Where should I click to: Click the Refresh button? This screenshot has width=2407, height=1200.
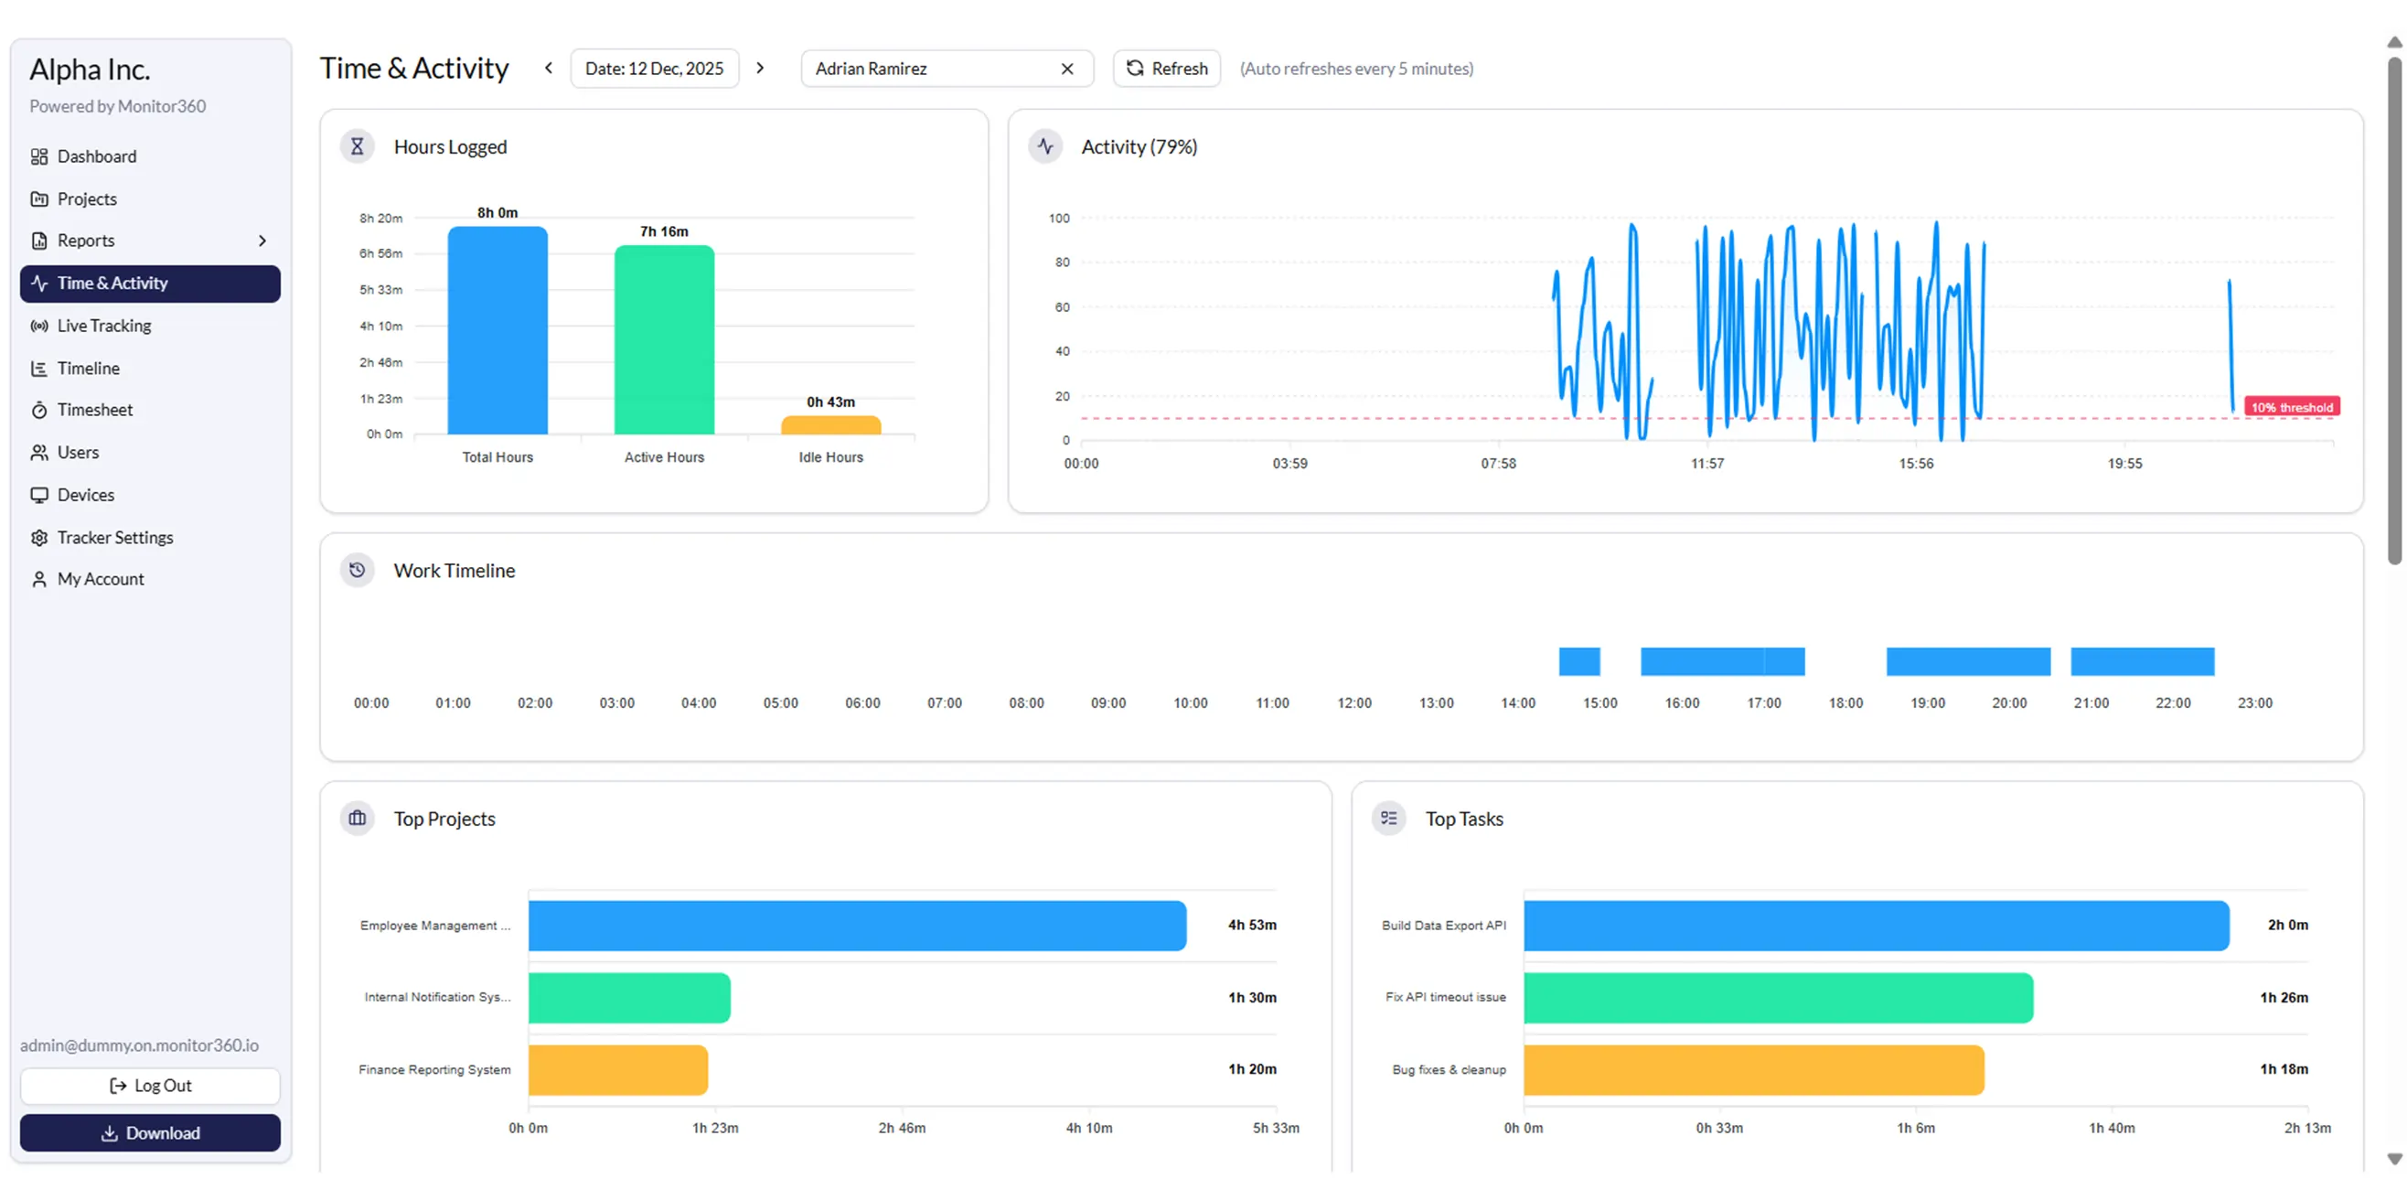pos(1166,69)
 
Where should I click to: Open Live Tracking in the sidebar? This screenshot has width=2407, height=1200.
pos(103,326)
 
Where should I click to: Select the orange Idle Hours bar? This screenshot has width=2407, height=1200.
pos(830,426)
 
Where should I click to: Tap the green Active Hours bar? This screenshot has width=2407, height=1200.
pos(663,341)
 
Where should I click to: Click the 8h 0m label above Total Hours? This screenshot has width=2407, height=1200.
pos(497,213)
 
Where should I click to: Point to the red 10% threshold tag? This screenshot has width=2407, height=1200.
pos(2291,406)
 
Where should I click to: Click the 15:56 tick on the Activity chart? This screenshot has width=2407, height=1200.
pos(1916,464)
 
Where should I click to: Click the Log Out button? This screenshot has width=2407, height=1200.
pos(149,1085)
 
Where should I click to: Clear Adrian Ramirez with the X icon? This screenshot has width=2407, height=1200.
pos(1067,69)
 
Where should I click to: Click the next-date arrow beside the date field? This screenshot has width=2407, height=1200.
pos(761,69)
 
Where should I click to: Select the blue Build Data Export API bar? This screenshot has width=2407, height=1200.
pos(1876,926)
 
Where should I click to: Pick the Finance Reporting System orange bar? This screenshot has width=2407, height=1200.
pos(617,1070)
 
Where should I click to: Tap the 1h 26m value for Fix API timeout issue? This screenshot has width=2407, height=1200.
pos(2283,997)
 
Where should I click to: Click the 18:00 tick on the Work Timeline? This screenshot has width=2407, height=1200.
pos(1845,702)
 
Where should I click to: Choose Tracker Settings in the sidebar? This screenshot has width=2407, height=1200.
pos(115,538)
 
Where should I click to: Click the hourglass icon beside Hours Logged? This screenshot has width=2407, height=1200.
pos(357,146)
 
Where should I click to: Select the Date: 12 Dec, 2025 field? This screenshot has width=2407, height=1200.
pos(654,69)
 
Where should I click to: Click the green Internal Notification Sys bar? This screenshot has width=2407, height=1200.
pos(629,997)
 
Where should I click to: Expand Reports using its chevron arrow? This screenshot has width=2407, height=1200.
pos(262,241)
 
